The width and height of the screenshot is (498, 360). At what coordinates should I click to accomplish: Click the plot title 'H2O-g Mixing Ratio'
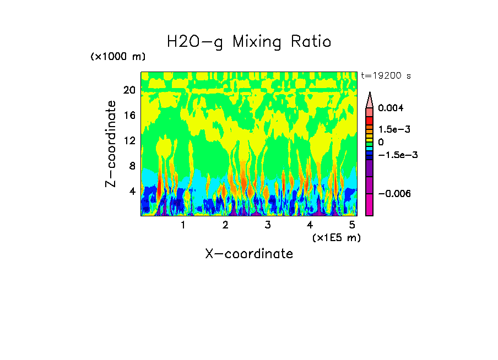pos(249,41)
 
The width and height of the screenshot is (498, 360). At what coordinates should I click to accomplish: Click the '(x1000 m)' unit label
pos(118,57)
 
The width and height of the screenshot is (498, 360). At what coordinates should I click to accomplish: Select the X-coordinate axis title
pos(249,254)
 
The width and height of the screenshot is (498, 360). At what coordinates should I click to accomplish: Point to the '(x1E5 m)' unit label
pos(336,237)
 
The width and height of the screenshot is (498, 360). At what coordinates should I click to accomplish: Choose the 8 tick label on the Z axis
pos(132,166)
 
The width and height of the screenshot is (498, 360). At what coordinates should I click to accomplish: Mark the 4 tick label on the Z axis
pos(132,192)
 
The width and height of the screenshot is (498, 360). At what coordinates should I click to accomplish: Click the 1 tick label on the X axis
pos(183,225)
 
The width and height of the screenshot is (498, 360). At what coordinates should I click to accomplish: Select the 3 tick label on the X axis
pos(268,225)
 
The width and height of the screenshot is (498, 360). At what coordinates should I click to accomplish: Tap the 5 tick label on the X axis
pos(353,225)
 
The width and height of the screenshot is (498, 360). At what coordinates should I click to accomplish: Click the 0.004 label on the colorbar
pos(391,108)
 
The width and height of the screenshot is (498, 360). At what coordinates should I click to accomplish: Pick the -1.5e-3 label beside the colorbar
pos(396,155)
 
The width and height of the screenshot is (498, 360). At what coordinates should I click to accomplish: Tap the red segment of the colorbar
pos(369,121)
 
